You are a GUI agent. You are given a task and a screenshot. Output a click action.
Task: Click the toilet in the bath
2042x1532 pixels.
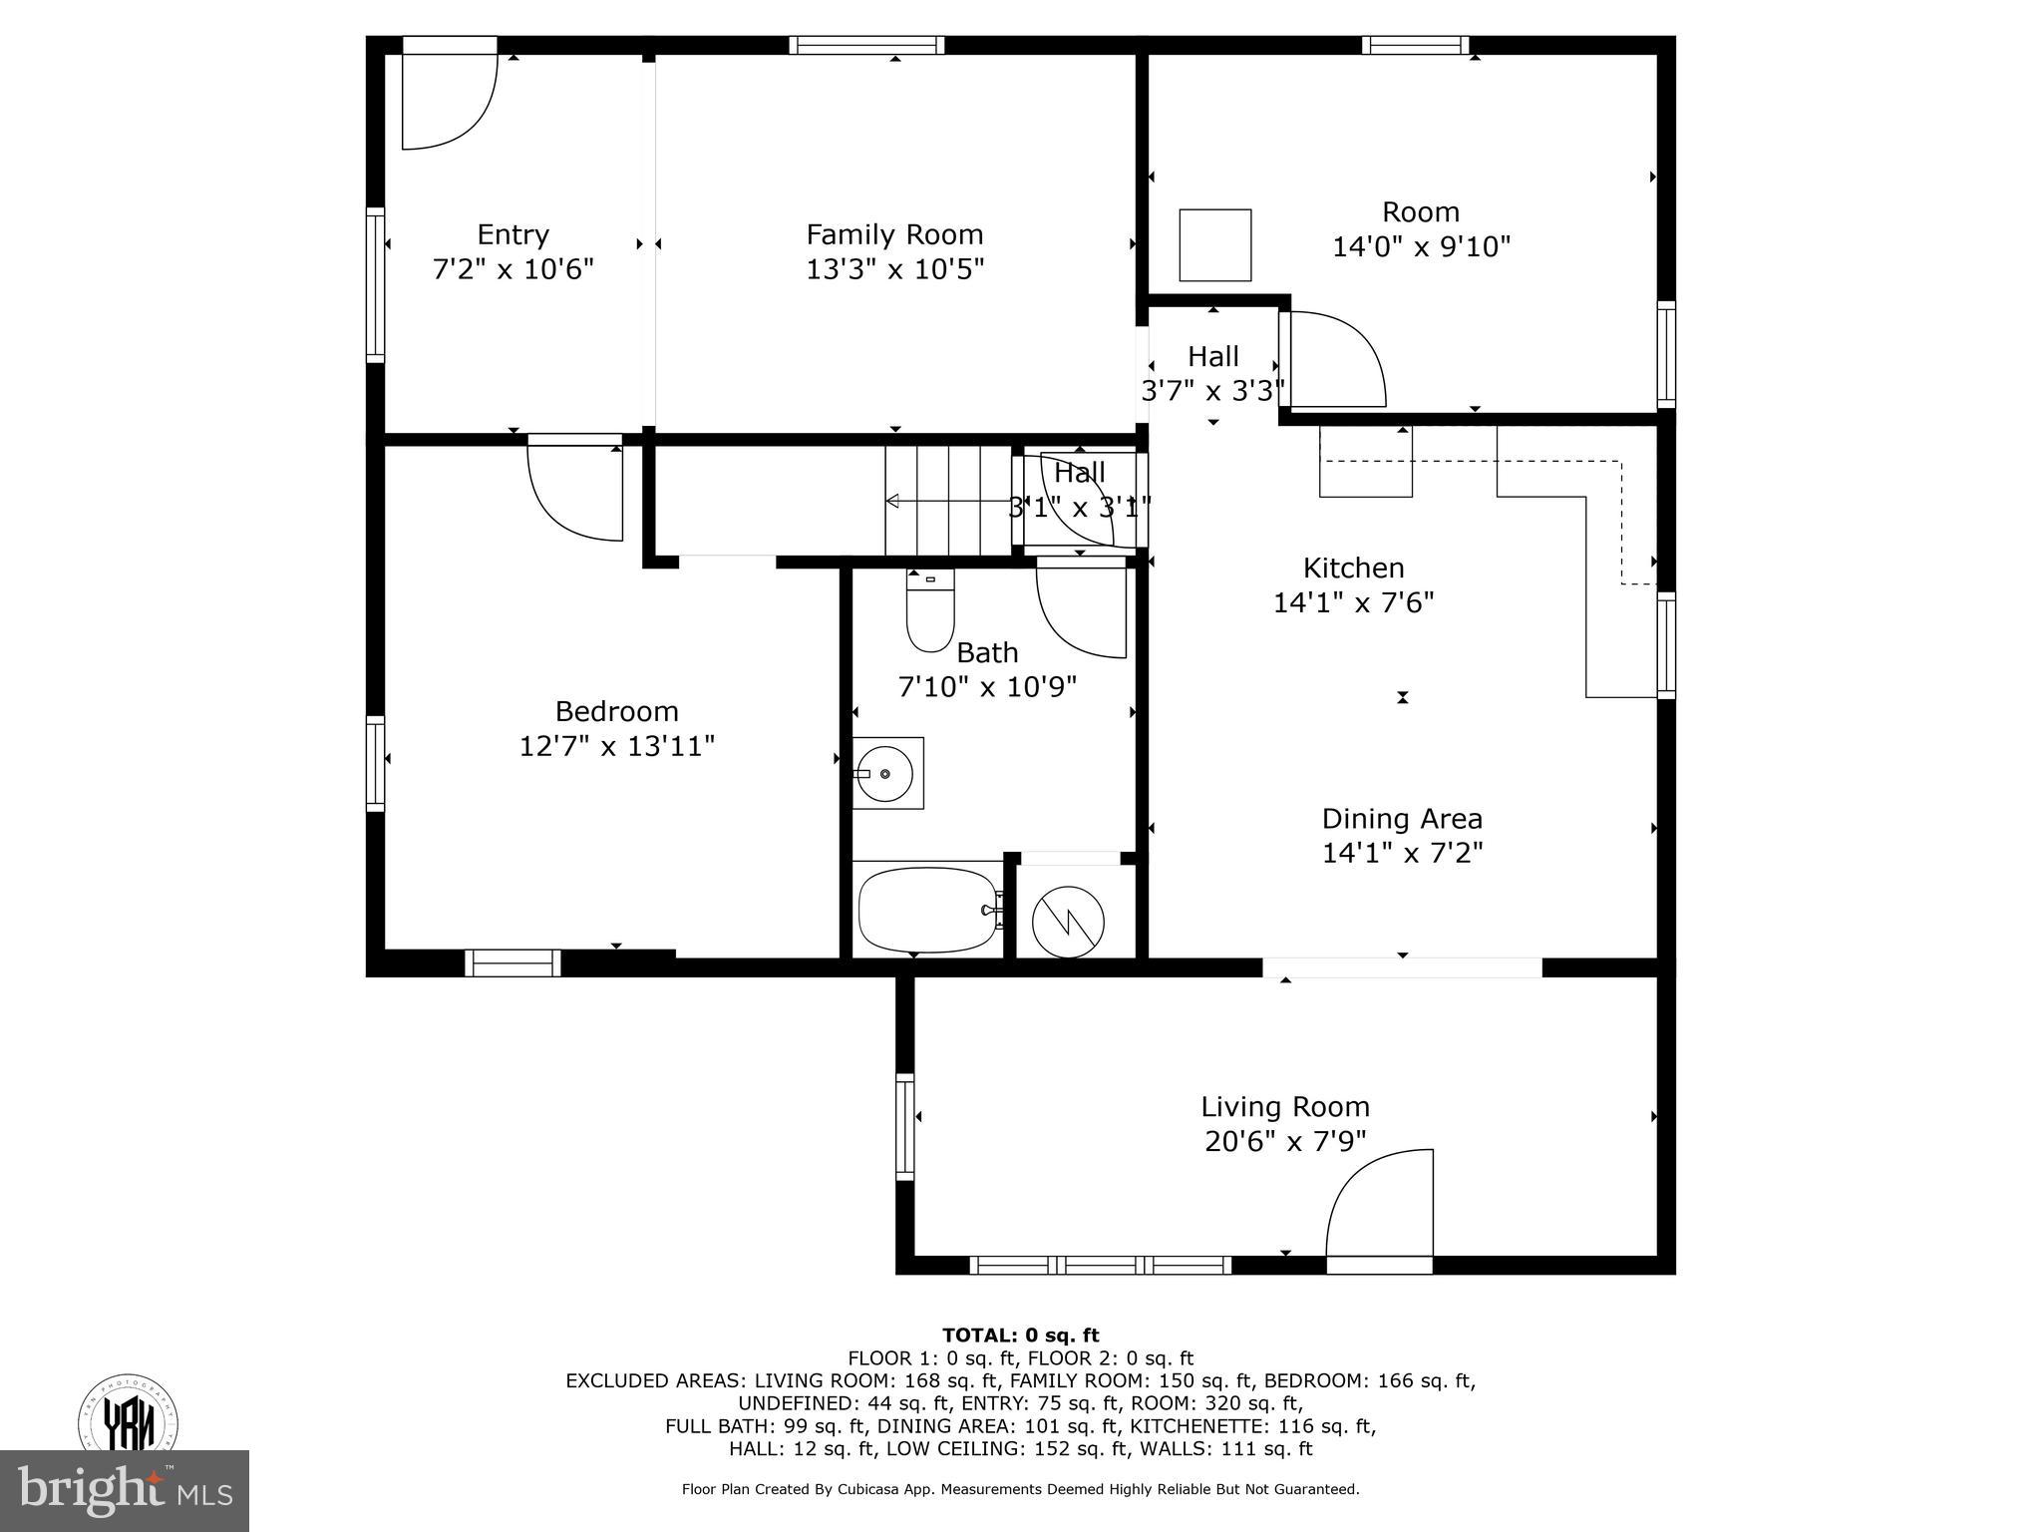click(x=929, y=611)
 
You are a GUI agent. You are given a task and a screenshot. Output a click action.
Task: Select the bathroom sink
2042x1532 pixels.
click(x=886, y=773)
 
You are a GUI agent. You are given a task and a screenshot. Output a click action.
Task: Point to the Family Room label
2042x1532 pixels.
click(x=894, y=234)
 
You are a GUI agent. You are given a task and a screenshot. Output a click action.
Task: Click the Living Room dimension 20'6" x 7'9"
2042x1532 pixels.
click(x=1284, y=1141)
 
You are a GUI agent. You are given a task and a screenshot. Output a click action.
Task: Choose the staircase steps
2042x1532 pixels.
click(x=947, y=501)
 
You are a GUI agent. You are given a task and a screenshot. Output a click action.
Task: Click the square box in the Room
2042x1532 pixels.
click(x=1214, y=245)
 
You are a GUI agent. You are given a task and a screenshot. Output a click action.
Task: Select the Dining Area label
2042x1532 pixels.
click(x=1402, y=819)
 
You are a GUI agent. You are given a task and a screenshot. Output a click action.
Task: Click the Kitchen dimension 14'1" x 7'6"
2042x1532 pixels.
click(x=1353, y=602)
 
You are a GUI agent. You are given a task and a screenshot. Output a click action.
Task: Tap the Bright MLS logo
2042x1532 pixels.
click(x=125, y=1491)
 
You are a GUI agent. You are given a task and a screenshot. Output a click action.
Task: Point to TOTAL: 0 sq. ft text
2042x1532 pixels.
click(x=1020, y=1336)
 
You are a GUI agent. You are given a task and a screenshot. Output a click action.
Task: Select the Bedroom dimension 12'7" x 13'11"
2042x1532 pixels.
click(x=617, y=746)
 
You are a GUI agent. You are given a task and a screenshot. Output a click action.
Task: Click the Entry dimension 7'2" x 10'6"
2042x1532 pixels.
click(x=512, y=269)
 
